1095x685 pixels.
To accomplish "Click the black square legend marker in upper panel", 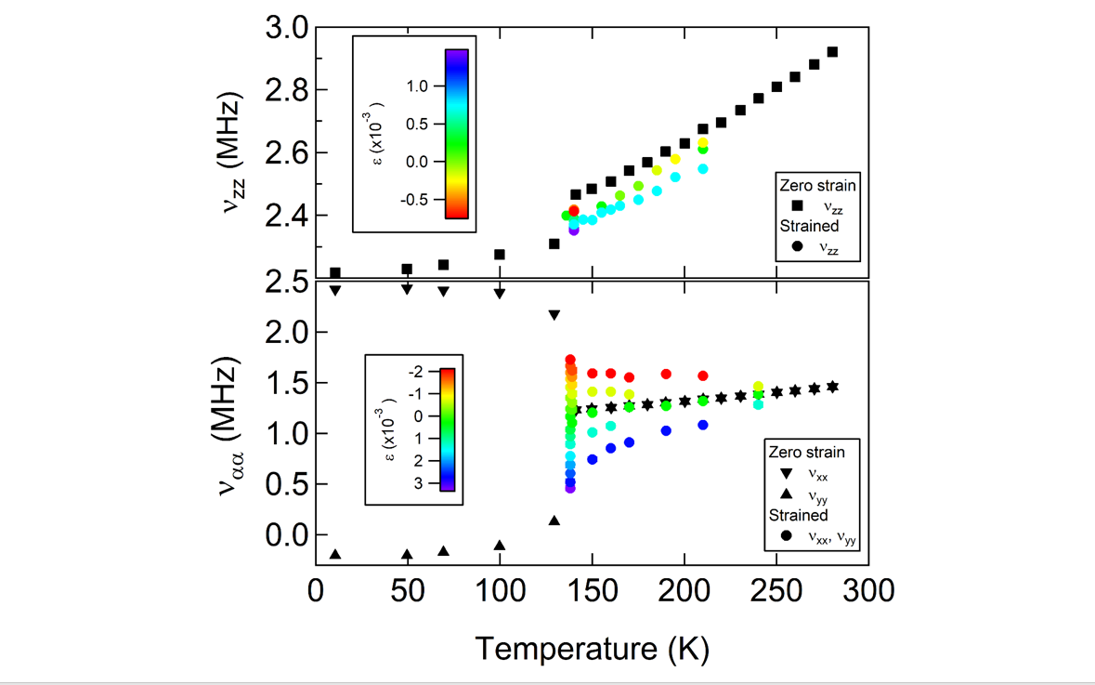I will tap(796, 206).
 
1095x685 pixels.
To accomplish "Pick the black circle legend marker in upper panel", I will tap(796, 246).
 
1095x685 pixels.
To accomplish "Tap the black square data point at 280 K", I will tap(832, 52).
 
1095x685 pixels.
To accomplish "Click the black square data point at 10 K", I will tap(335, 273).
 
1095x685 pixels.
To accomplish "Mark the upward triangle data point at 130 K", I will tap(554, 520).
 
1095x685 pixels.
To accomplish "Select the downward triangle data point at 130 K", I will tap(554, 316).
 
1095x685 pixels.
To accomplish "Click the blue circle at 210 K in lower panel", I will tap(703, 425).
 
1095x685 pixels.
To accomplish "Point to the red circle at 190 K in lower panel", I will tap(666, 374).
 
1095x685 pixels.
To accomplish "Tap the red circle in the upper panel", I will tap(574, 211).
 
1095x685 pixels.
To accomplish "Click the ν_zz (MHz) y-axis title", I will tap(236, 153).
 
